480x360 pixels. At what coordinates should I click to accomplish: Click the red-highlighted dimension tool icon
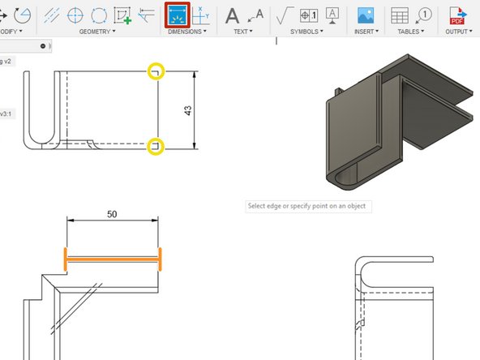coord(176,15)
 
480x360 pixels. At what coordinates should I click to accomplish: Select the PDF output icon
coord(459,15)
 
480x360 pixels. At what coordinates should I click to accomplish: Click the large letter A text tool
coord(233,15)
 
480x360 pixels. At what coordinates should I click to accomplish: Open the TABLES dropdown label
coord(410,32)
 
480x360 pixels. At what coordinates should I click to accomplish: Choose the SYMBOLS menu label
coord(308,32)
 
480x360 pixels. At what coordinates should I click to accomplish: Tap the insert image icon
coord(366,15)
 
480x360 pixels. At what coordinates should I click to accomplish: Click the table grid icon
coord(400,15)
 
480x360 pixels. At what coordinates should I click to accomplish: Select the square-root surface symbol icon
coord(285,15)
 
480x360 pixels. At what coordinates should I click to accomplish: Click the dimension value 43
coord(188,110)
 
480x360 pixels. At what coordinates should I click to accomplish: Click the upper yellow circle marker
coord(155,72)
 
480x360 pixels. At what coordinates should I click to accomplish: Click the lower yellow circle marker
coord(155,147)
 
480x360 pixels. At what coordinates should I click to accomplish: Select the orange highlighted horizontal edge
coord(113,260)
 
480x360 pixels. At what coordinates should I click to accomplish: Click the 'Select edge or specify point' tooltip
coord(307,206)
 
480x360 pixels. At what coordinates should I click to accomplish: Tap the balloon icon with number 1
coord(422,15)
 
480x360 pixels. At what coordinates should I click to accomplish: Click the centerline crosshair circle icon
coord(75,15)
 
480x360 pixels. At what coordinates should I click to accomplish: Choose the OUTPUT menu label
coord(459,32)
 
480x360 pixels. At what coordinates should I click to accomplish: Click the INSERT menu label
coord(366,32)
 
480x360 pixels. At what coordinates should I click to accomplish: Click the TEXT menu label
coord(242,32)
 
